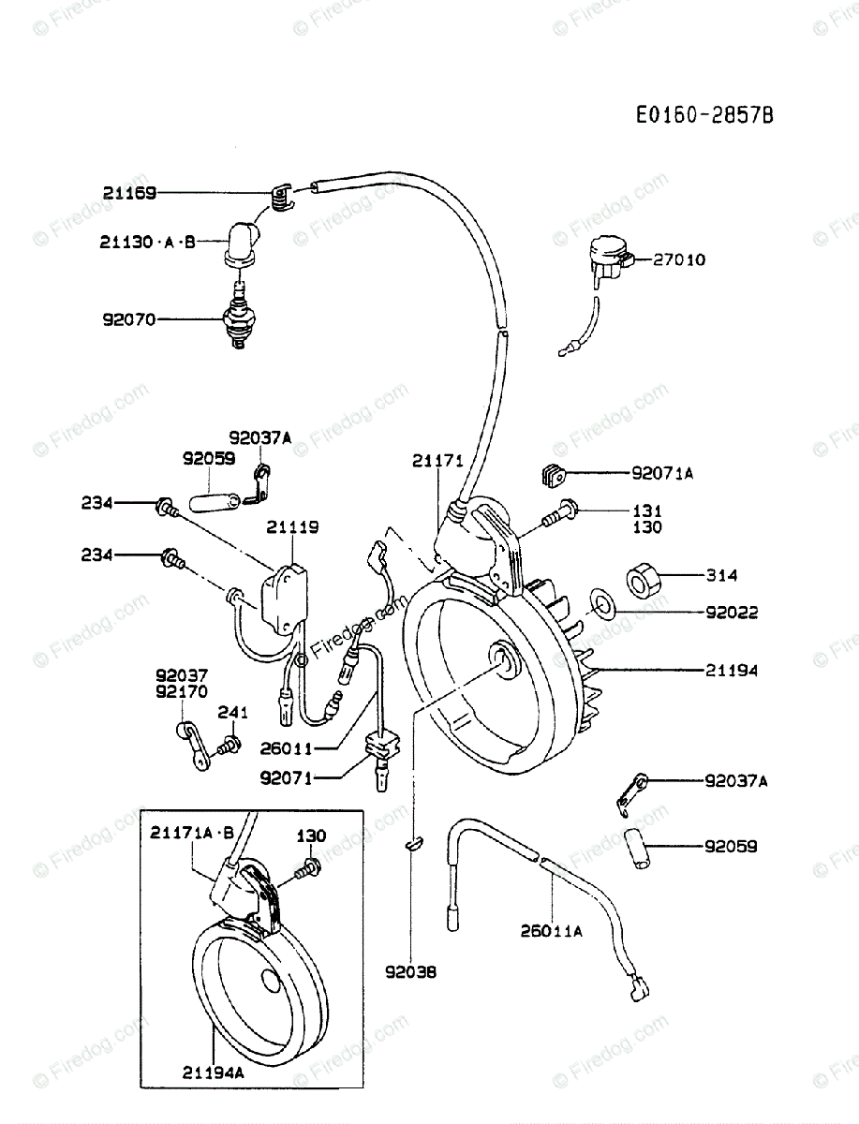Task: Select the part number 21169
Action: [130, 194]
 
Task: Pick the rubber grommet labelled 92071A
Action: [554, 474]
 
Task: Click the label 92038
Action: [409, 971]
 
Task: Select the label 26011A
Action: [553, 931]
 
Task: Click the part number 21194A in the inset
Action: [214, 1073]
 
